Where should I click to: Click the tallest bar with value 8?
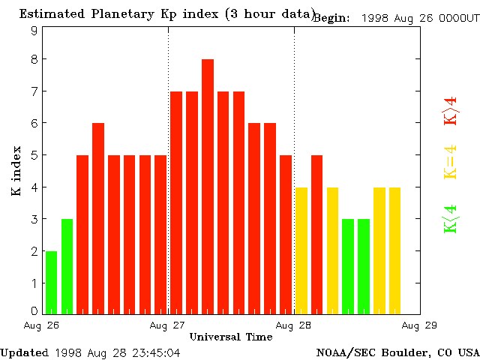click(208, 186)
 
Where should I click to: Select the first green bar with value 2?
click(51, 282)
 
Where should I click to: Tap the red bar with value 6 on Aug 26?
click(98, 217)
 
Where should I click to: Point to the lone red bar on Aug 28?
click(316, 234)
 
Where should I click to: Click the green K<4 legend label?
click(450, 219)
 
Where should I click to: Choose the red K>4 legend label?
click(450, 111)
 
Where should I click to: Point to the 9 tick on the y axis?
click(34, 31)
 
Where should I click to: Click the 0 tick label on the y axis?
click(34, 310)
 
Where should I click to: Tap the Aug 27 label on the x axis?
click(168, 325)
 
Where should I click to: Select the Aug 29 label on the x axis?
click(418, 325)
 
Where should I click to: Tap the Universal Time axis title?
click(231, 337)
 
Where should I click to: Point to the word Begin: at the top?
click(331, 18)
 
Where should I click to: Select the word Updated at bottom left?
click(24, 352)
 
